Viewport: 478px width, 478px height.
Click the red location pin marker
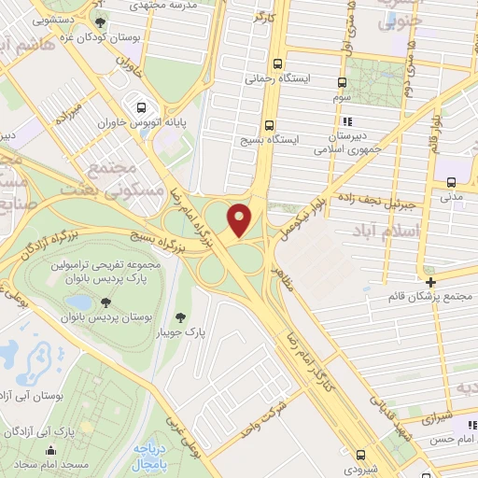(241, 219)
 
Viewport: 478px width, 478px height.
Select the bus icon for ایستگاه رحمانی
(277, 64)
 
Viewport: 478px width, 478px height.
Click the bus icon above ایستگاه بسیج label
(269, 125)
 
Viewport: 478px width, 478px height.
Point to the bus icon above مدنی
(451, 182)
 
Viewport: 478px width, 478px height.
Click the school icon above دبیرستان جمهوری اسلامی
(346, 121)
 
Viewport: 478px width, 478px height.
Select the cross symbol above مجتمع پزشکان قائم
(429, 282)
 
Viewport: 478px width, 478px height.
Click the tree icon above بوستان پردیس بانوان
(105, 302)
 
